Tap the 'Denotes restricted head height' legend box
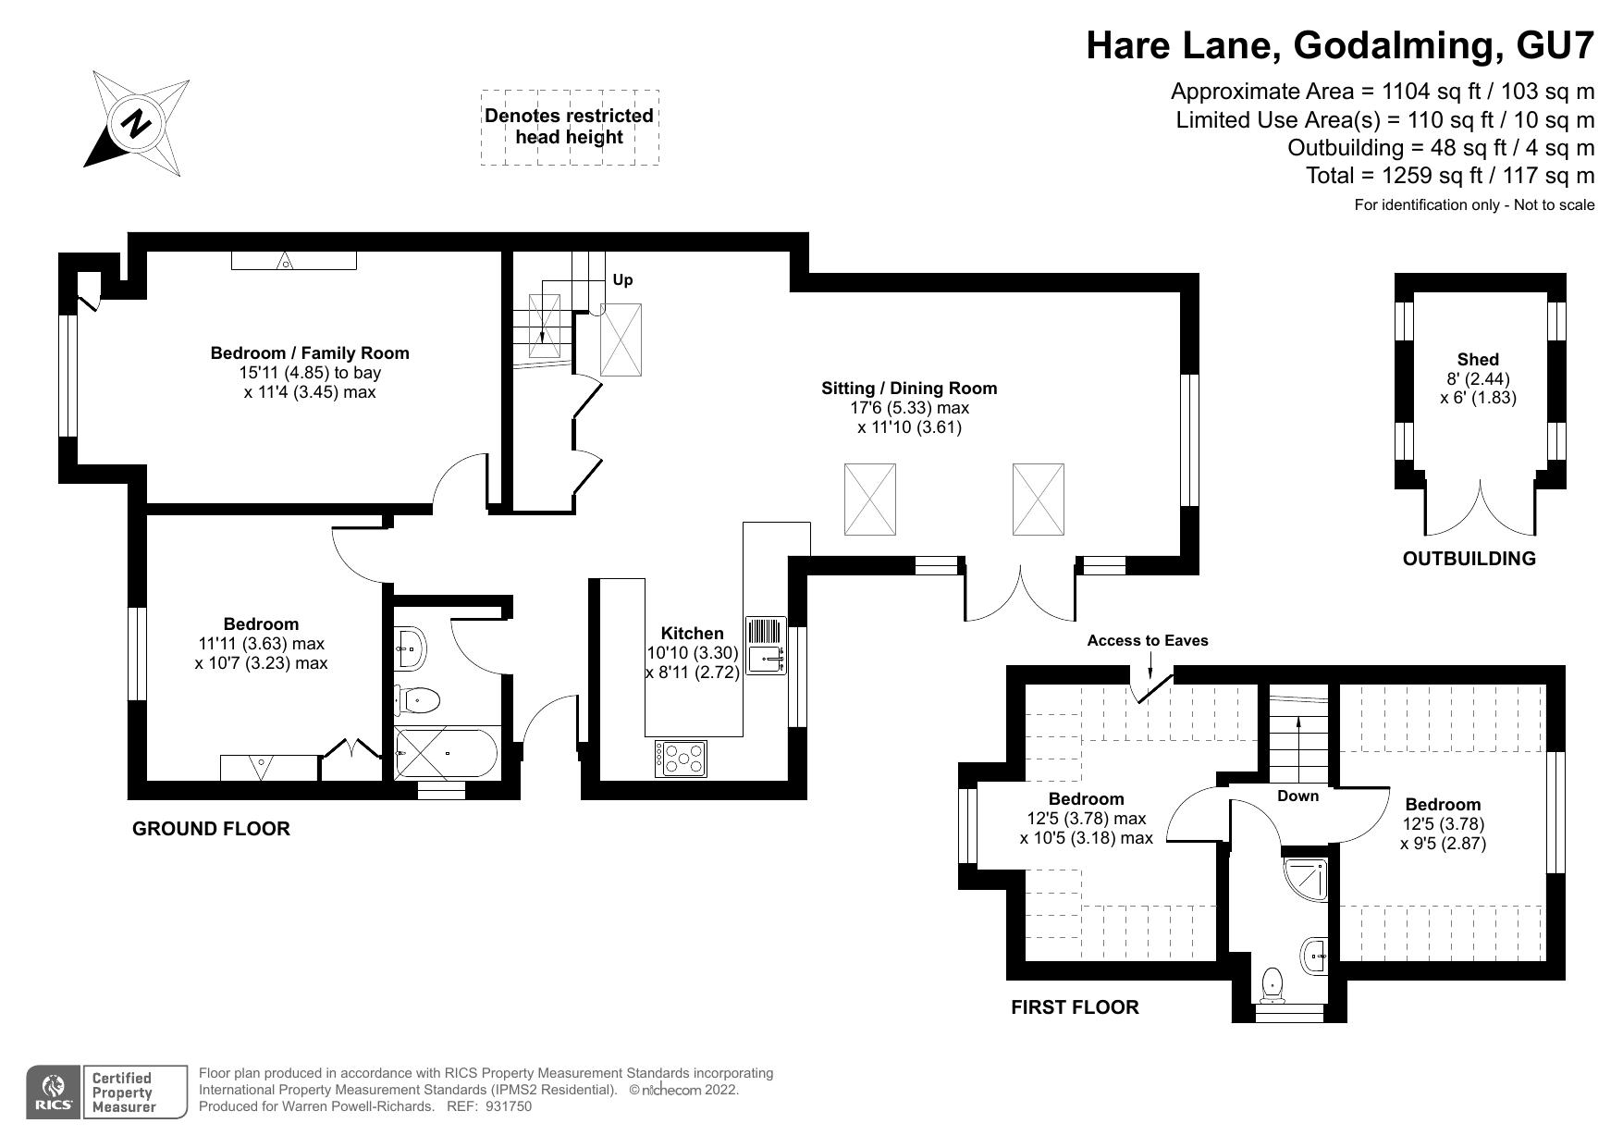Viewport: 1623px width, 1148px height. click(x=570, y=128)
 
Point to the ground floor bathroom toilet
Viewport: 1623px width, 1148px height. click(x=416, y=700)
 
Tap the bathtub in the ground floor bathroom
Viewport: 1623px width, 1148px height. click(x=446, y=754)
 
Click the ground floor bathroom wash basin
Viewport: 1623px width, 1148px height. click(x=410, y=648)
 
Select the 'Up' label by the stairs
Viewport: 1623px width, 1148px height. click(x=622, y=279)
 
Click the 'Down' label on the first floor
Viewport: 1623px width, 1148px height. click(x=1297, y=796)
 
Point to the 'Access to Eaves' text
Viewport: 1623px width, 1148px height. click(x=1148, y=640)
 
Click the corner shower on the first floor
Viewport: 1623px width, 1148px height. click(x=1307, y=882)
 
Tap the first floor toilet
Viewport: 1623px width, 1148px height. click(x=1273, y=984)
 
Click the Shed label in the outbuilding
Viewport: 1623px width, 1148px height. click(x=1478, y=359)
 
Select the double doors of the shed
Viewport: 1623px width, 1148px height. click(x=1481, y=508)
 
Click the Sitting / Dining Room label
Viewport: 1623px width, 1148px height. click(x=910, y=388)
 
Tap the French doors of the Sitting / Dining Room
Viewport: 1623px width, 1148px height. click(x=1020, y=592)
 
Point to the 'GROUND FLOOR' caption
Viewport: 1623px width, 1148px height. click(x=212, y=829)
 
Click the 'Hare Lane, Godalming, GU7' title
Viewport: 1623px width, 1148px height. click(x=1340, y=45)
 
